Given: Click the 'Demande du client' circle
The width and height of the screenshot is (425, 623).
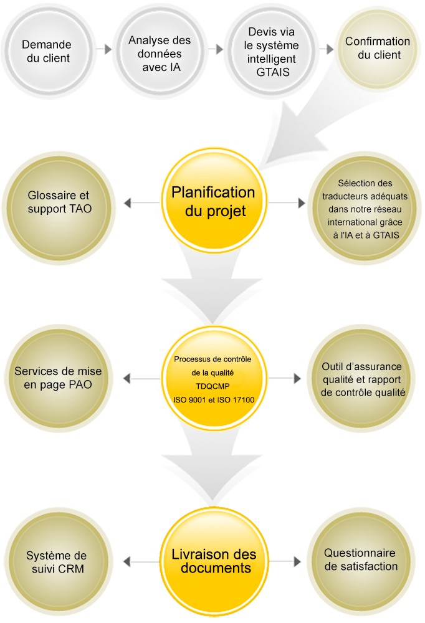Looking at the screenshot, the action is (49, 51).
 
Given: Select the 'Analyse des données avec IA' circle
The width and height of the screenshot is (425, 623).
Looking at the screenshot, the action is (160, 51).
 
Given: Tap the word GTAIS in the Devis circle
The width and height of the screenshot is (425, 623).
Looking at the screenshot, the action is (273, 72).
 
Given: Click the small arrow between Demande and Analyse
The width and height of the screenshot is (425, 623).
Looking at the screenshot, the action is (104, 49).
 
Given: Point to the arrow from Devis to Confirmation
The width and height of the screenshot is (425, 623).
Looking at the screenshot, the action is (327, 49).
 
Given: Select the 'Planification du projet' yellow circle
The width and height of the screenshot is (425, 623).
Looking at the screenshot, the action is (214, 201).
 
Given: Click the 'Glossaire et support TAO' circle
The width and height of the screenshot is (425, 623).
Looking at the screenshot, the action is (59, 208).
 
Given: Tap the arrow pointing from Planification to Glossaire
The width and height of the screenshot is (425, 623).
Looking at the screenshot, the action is (141, 203).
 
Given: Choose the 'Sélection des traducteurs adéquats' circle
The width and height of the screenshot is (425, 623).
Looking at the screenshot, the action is (365, 208).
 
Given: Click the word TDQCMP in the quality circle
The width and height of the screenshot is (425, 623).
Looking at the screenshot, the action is (212, 386).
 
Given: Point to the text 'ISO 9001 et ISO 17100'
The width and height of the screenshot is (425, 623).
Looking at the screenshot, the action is (214, 400).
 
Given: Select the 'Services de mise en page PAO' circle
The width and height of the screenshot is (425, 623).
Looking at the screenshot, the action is (59, 378).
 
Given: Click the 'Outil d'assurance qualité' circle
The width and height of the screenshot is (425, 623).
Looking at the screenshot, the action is (361, 378).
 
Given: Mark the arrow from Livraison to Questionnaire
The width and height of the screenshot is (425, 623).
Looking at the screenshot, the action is (285, 561).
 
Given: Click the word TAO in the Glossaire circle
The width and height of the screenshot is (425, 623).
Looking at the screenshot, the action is (81, 209).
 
